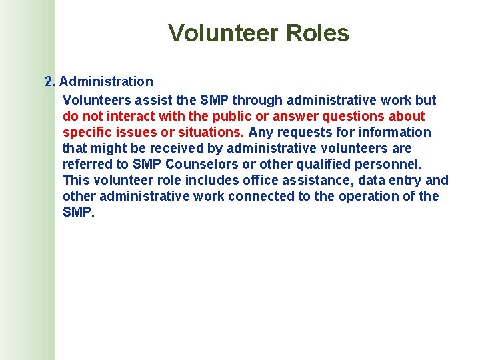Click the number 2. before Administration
50,81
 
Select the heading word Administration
106,81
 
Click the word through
252,100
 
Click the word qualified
324,164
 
